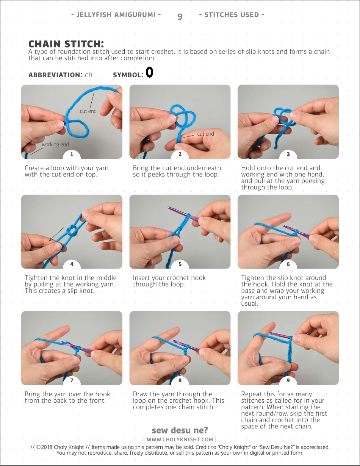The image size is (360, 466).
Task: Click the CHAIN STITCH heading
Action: pos(66,44)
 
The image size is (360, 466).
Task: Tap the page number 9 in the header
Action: pos(180,17)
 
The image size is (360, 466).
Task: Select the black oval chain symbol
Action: pos(149,72)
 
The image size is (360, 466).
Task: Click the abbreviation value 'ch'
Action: pos(89,75)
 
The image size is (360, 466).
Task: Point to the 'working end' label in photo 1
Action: pos(55,144)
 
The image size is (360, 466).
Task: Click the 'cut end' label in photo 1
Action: pos(88,111)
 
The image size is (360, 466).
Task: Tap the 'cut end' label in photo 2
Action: pos(205,134)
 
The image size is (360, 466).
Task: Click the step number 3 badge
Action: pos(288,155)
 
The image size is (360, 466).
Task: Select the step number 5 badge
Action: pos(180,264)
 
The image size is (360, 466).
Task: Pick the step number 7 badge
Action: pos(72,380)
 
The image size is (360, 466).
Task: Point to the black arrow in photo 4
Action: pos(56,234)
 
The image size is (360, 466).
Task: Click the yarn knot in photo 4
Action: pos(72,231)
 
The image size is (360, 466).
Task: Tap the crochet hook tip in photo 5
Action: pos(169,208)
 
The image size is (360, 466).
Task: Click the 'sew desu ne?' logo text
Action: pos(180,430)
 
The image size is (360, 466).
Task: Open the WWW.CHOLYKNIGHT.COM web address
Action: pos(180,439)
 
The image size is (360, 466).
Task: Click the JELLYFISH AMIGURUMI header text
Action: pos(116,15)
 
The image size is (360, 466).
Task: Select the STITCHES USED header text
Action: pos(232,15)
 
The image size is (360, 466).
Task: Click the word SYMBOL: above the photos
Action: pos(128,75)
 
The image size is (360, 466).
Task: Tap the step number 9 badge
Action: pos(288,380)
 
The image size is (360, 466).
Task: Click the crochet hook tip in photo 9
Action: pos(271,333)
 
